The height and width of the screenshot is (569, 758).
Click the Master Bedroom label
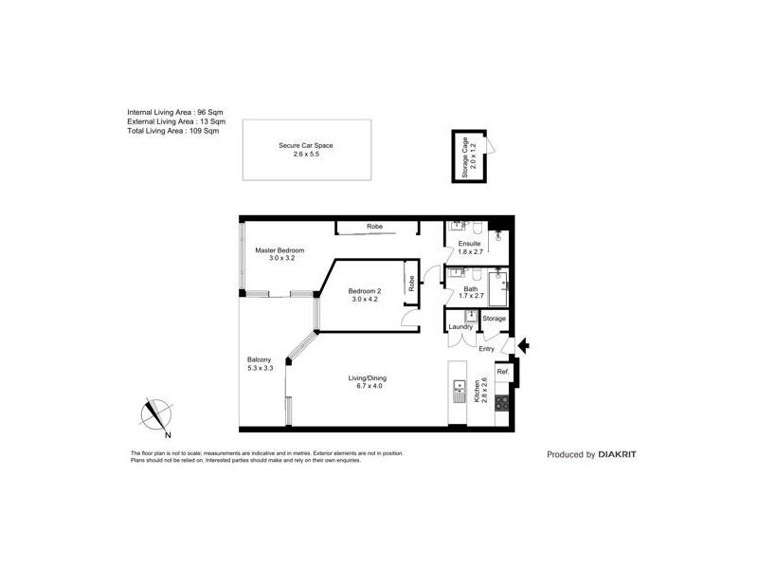[x=280, y=250]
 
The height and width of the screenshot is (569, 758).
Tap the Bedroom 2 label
[x=365, y=290]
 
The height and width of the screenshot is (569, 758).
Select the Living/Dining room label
[x=367, y=378]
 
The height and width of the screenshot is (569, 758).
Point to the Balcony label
[x=260, y=359]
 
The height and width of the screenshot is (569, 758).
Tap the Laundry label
[x=461, y=327]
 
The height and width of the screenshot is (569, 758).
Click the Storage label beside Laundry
[x=494, y=319]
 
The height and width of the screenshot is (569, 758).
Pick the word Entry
[x=486, y=349]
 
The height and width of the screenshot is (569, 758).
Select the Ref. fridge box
[x=503, y=373]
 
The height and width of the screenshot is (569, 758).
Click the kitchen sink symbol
[x=460, y=388]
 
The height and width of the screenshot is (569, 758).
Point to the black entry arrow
[x=522, y=347]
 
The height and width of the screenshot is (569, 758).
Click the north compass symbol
[x=155, y=413]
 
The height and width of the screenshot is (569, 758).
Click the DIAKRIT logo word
[x=617, y=454]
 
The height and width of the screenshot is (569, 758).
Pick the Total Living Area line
[x=173, y=131]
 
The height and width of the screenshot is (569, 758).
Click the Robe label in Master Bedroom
[x=374, y=227]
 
